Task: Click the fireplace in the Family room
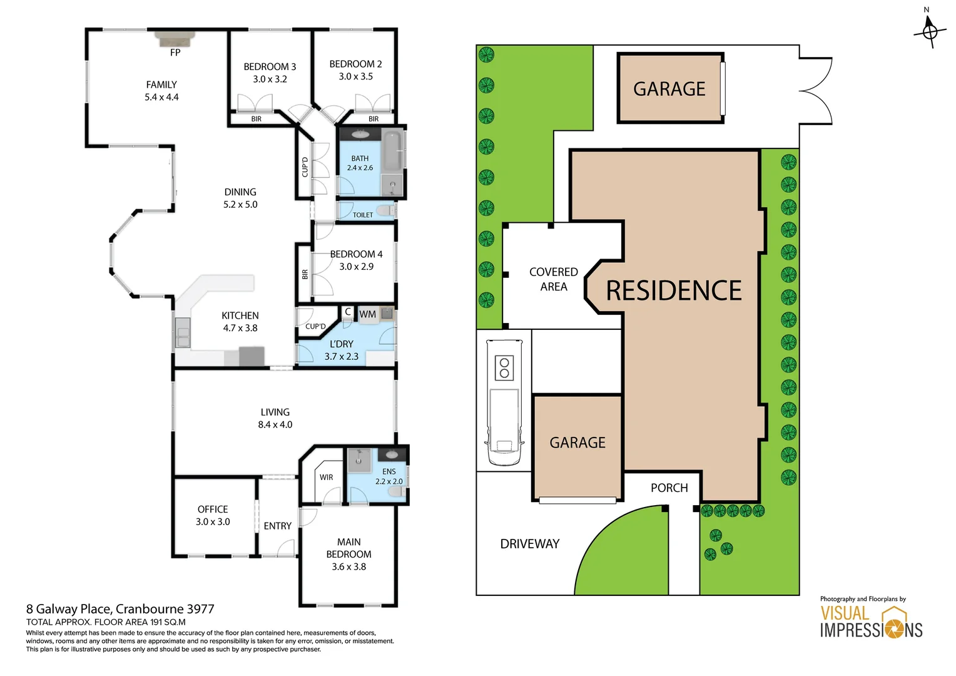point(175,38)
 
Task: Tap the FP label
point(175,53)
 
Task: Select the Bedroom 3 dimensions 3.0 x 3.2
point(270,79)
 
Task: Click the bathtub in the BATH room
point(392,151)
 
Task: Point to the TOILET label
point(363,215)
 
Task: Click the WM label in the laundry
point(368,314)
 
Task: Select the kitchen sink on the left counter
point(183,332)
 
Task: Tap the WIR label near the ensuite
point(327,477)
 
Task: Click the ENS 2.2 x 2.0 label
point(389,476)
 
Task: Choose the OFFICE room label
point(213,510)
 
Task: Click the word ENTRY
point(278,526)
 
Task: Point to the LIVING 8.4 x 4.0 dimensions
point(275,424)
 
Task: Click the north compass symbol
point(930,29)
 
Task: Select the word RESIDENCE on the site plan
point(674,291)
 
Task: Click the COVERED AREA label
point(554,279)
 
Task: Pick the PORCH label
point(669,488)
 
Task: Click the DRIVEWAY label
point(530,544)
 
